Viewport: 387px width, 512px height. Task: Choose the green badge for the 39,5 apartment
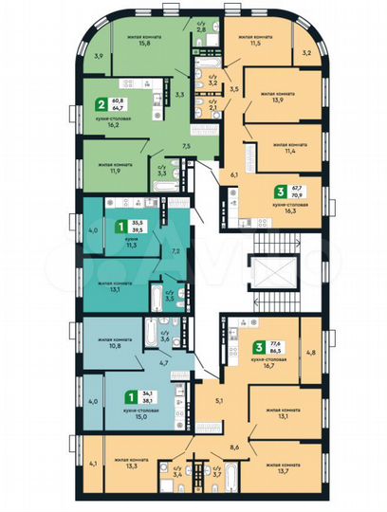tap(120, 227)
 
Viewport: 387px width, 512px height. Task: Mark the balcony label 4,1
tap(92, 464)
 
